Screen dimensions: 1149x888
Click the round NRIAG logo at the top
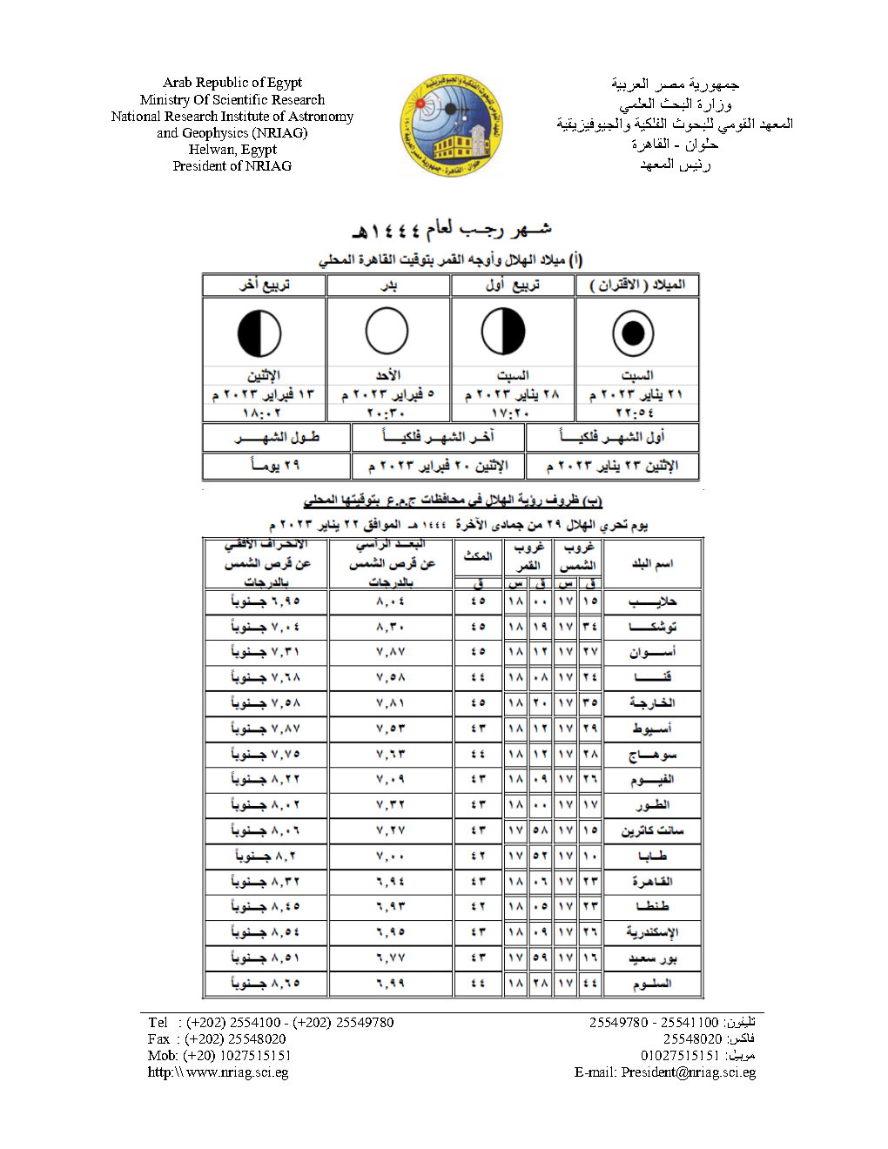(x=451, y=125)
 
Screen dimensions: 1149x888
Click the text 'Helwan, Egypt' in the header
(x=232, y=150)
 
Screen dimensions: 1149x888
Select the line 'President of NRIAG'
(x=232, y=166)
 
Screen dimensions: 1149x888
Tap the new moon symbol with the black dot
(x=633, y=333)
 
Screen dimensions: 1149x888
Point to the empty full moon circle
(x=387, y=333)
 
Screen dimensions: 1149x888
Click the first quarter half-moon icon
(x=504, y=333)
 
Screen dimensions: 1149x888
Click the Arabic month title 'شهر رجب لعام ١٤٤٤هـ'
(x=451, y=231)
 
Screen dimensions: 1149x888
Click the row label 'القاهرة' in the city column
(x=652, y=882)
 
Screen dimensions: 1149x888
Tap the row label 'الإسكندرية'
(x=652, y=932)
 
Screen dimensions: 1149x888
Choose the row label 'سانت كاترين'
(x=652, y=831)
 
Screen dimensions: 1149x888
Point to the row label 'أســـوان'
(x=652, y=652)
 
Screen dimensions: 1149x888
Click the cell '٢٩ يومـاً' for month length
(x=276, y=466)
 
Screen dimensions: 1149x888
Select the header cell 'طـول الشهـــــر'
(x=276, y=438)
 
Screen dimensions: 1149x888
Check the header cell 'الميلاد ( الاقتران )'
(x=637, y=286)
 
